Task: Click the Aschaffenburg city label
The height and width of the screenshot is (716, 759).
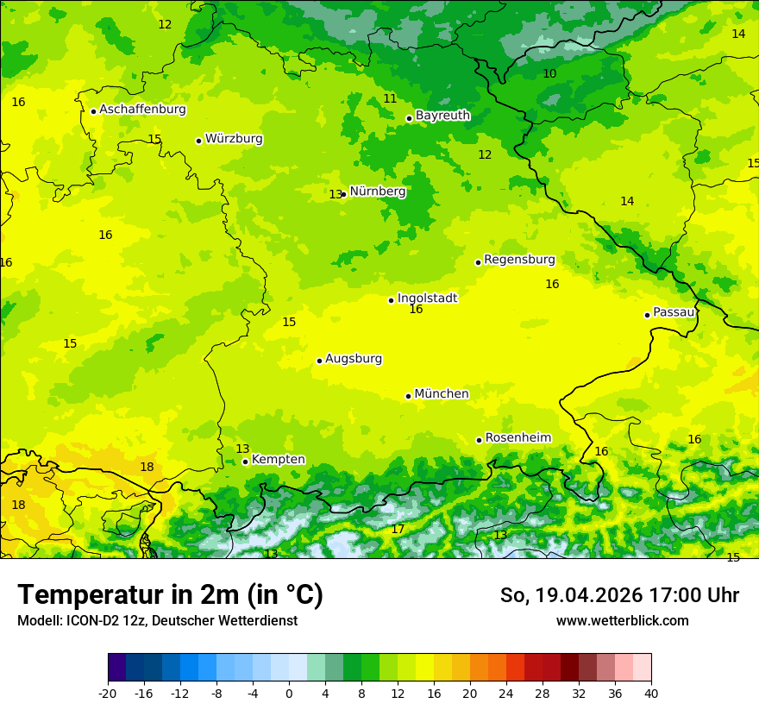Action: tap(142, 110)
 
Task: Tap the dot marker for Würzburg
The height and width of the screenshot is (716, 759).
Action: tap(198, 141)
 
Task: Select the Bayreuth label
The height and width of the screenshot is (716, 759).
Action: tap(442, 115)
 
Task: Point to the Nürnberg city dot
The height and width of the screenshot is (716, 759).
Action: tap(343, 194)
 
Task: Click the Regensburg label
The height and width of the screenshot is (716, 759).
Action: tap(519, 259)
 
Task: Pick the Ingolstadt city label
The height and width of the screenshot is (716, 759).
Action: tap(427, 298)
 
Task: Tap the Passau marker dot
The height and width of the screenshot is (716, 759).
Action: tap(647, 315)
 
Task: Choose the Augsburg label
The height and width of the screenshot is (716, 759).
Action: tap(354, 358)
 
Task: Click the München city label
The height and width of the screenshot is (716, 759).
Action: tap(442, 393)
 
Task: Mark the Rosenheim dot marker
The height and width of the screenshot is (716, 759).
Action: tap(479, 440)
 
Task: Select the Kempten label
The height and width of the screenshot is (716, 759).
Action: tap(278, 459)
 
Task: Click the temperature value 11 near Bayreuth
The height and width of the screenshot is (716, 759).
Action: tap(390, 98)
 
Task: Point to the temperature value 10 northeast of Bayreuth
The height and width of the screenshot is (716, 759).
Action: tap(549, 73)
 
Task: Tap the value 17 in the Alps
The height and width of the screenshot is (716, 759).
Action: tap(398, 529)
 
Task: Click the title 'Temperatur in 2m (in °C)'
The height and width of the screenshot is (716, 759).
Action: tap(170, 595)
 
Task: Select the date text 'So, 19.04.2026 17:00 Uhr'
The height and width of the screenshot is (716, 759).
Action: tap(619, 595)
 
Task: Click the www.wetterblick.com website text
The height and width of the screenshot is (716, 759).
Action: tap(622, 620)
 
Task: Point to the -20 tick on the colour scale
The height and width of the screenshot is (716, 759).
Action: tap(108, 693)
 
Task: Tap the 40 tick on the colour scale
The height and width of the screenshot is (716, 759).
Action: tap(650, 693)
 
